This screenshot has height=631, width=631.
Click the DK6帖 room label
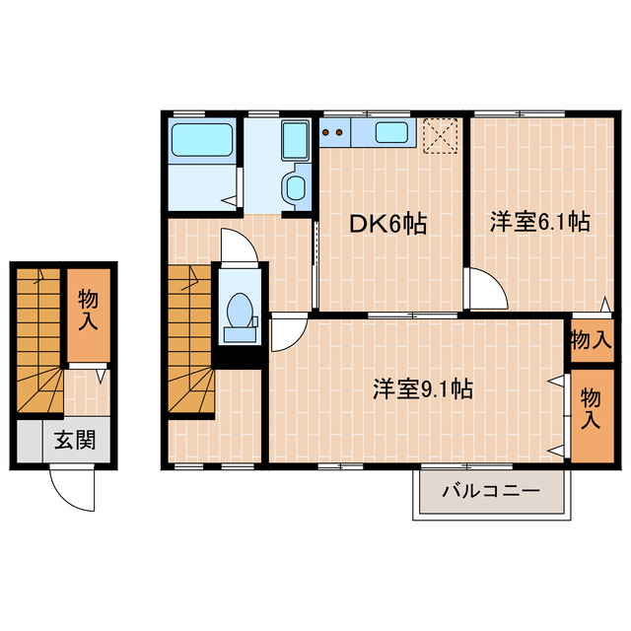388,224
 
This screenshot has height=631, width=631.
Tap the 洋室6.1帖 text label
539,223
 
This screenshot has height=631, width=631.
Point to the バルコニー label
490,490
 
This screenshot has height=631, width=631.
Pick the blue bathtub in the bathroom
202,140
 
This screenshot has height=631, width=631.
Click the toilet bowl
239,312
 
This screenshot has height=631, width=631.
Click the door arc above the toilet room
240,246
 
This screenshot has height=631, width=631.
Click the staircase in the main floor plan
189,340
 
